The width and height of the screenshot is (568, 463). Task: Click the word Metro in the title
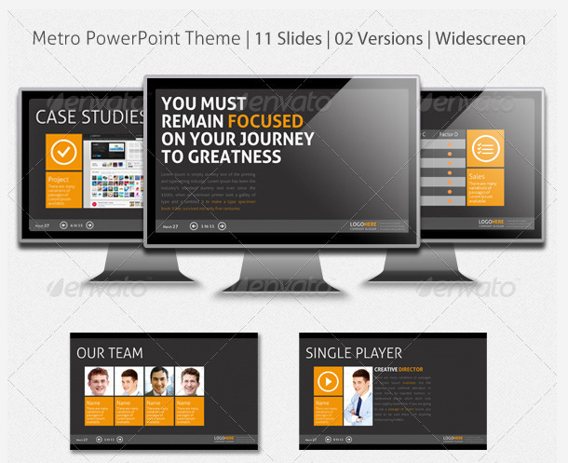pos(56,39)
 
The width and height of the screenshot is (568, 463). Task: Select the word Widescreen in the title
pos(480,39)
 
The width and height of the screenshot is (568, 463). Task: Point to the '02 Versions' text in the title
pos(378,39)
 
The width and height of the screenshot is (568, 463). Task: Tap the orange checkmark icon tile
pos(63,151)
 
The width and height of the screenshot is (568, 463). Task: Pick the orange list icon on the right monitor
pos(484,148)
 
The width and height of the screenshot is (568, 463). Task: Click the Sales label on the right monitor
pos(478,176)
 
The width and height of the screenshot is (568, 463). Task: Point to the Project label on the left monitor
pos(59,179)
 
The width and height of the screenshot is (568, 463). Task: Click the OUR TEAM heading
pos(110,353)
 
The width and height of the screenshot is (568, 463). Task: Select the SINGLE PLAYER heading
pos(354,353)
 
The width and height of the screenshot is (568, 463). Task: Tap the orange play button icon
pos(327,381)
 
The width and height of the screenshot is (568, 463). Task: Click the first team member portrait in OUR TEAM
pos(99,382)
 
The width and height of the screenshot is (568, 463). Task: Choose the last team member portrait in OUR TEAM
pos(190,382)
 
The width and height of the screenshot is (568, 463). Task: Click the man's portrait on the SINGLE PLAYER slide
pos(358,396)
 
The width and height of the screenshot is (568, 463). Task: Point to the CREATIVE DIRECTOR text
pos(399,370)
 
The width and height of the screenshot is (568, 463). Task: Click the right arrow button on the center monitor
pos(222,225)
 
